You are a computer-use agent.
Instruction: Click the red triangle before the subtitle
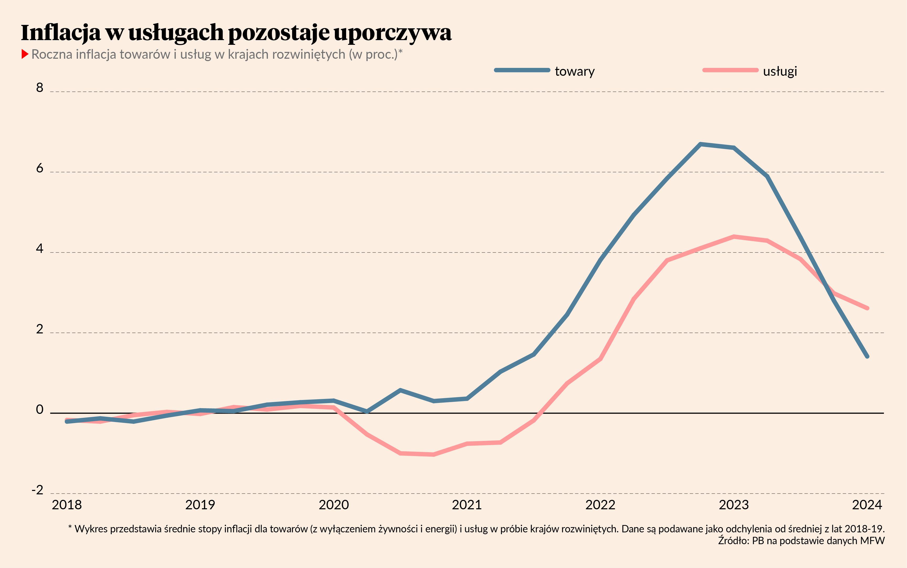[x=25, y=54]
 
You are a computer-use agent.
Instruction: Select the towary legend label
[x=575, y=71]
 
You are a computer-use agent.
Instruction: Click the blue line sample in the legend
[x=522, y=70]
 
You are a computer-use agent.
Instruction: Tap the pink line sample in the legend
[x=730, y=70]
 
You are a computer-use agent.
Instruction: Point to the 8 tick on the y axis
[x=39, y=88]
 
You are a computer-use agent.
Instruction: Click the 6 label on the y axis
[x=39, y=168]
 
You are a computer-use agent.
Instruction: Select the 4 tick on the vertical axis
[x=39, y=249]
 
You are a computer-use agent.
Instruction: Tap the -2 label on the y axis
[x=37, y=490]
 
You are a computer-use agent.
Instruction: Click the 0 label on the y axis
[x=39, y=409]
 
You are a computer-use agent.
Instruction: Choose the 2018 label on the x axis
[x=67, y=505]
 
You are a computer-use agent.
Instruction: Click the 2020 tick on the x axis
[x=334, y=505]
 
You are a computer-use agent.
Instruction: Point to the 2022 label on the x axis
[x=600, y=505]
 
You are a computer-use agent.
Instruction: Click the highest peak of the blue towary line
[x=700, y=144]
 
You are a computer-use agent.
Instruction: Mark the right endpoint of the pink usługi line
[x=867, y=308]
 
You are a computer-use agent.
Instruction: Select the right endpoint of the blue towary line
[x=867, y=356]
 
